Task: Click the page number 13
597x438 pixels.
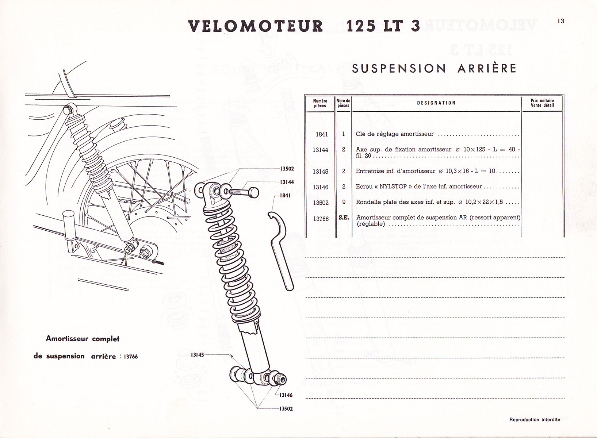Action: (561, 21)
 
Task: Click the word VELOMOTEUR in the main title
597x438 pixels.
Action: (256, 26)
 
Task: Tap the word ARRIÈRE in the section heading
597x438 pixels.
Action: (487, 68)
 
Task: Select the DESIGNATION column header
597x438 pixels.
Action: (436, 103)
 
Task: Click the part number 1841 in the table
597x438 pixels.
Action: (322, 134)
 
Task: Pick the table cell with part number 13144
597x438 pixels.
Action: (321, 150)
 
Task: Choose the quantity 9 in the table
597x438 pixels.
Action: (344, 202)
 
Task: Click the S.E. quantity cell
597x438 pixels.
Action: (344, 218)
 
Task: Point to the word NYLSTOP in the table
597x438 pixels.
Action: (394, 187)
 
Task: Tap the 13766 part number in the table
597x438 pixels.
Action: (321, 219)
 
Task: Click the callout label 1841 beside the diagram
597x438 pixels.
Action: (285, 196)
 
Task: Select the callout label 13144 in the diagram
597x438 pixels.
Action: (287, 182)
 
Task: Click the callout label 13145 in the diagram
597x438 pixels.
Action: (197, 354)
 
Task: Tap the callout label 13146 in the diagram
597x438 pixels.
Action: (286, 395)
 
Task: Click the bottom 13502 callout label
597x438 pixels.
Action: (286, 409)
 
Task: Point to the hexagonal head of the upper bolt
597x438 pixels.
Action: (253, 192)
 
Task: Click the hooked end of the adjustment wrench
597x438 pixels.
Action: (271, 215)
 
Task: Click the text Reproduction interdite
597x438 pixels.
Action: (535, 420)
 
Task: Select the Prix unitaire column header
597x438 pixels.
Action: (542, 103)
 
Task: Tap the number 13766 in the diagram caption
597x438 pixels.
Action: (130, 357)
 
